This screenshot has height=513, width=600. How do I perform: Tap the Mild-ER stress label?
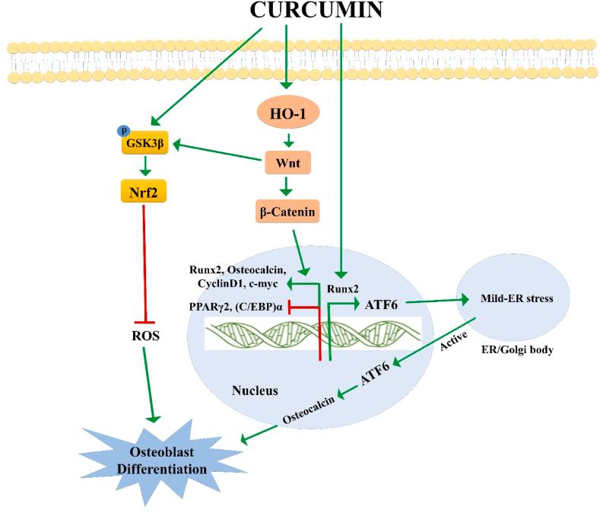click(525, 298)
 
